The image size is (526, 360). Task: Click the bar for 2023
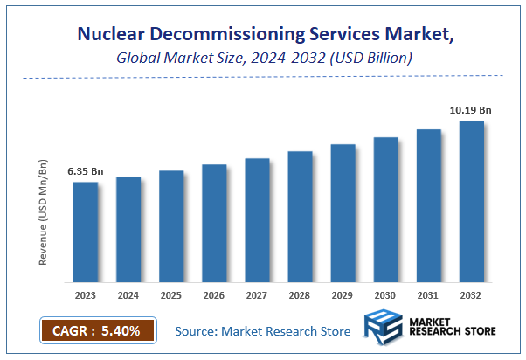[85, 232]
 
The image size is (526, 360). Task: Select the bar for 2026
[214, 224]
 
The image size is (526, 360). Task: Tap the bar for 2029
[343, 213]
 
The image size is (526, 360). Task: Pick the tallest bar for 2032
[472, 202]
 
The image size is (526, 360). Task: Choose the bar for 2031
[429, 206]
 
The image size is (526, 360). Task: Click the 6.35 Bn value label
[86, 171]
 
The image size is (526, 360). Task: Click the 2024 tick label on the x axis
[128, 295]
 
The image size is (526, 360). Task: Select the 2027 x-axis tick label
[257, 295]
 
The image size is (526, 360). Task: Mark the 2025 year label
[171, 295]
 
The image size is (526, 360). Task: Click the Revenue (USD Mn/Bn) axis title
[43, 211]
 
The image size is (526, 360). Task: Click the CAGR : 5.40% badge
[97, 331]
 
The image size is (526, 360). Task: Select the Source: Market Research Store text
[262, 331]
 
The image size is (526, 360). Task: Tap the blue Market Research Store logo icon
[384, 330]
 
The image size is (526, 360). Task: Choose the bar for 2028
[300, 217]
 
